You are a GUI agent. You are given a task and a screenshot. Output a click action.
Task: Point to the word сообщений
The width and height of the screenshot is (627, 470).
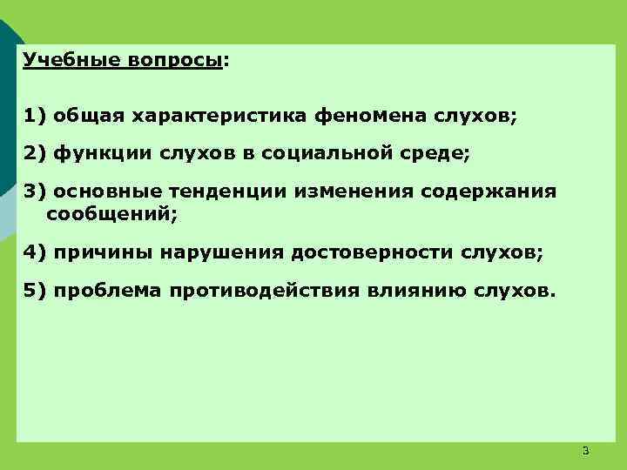point(111,212)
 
